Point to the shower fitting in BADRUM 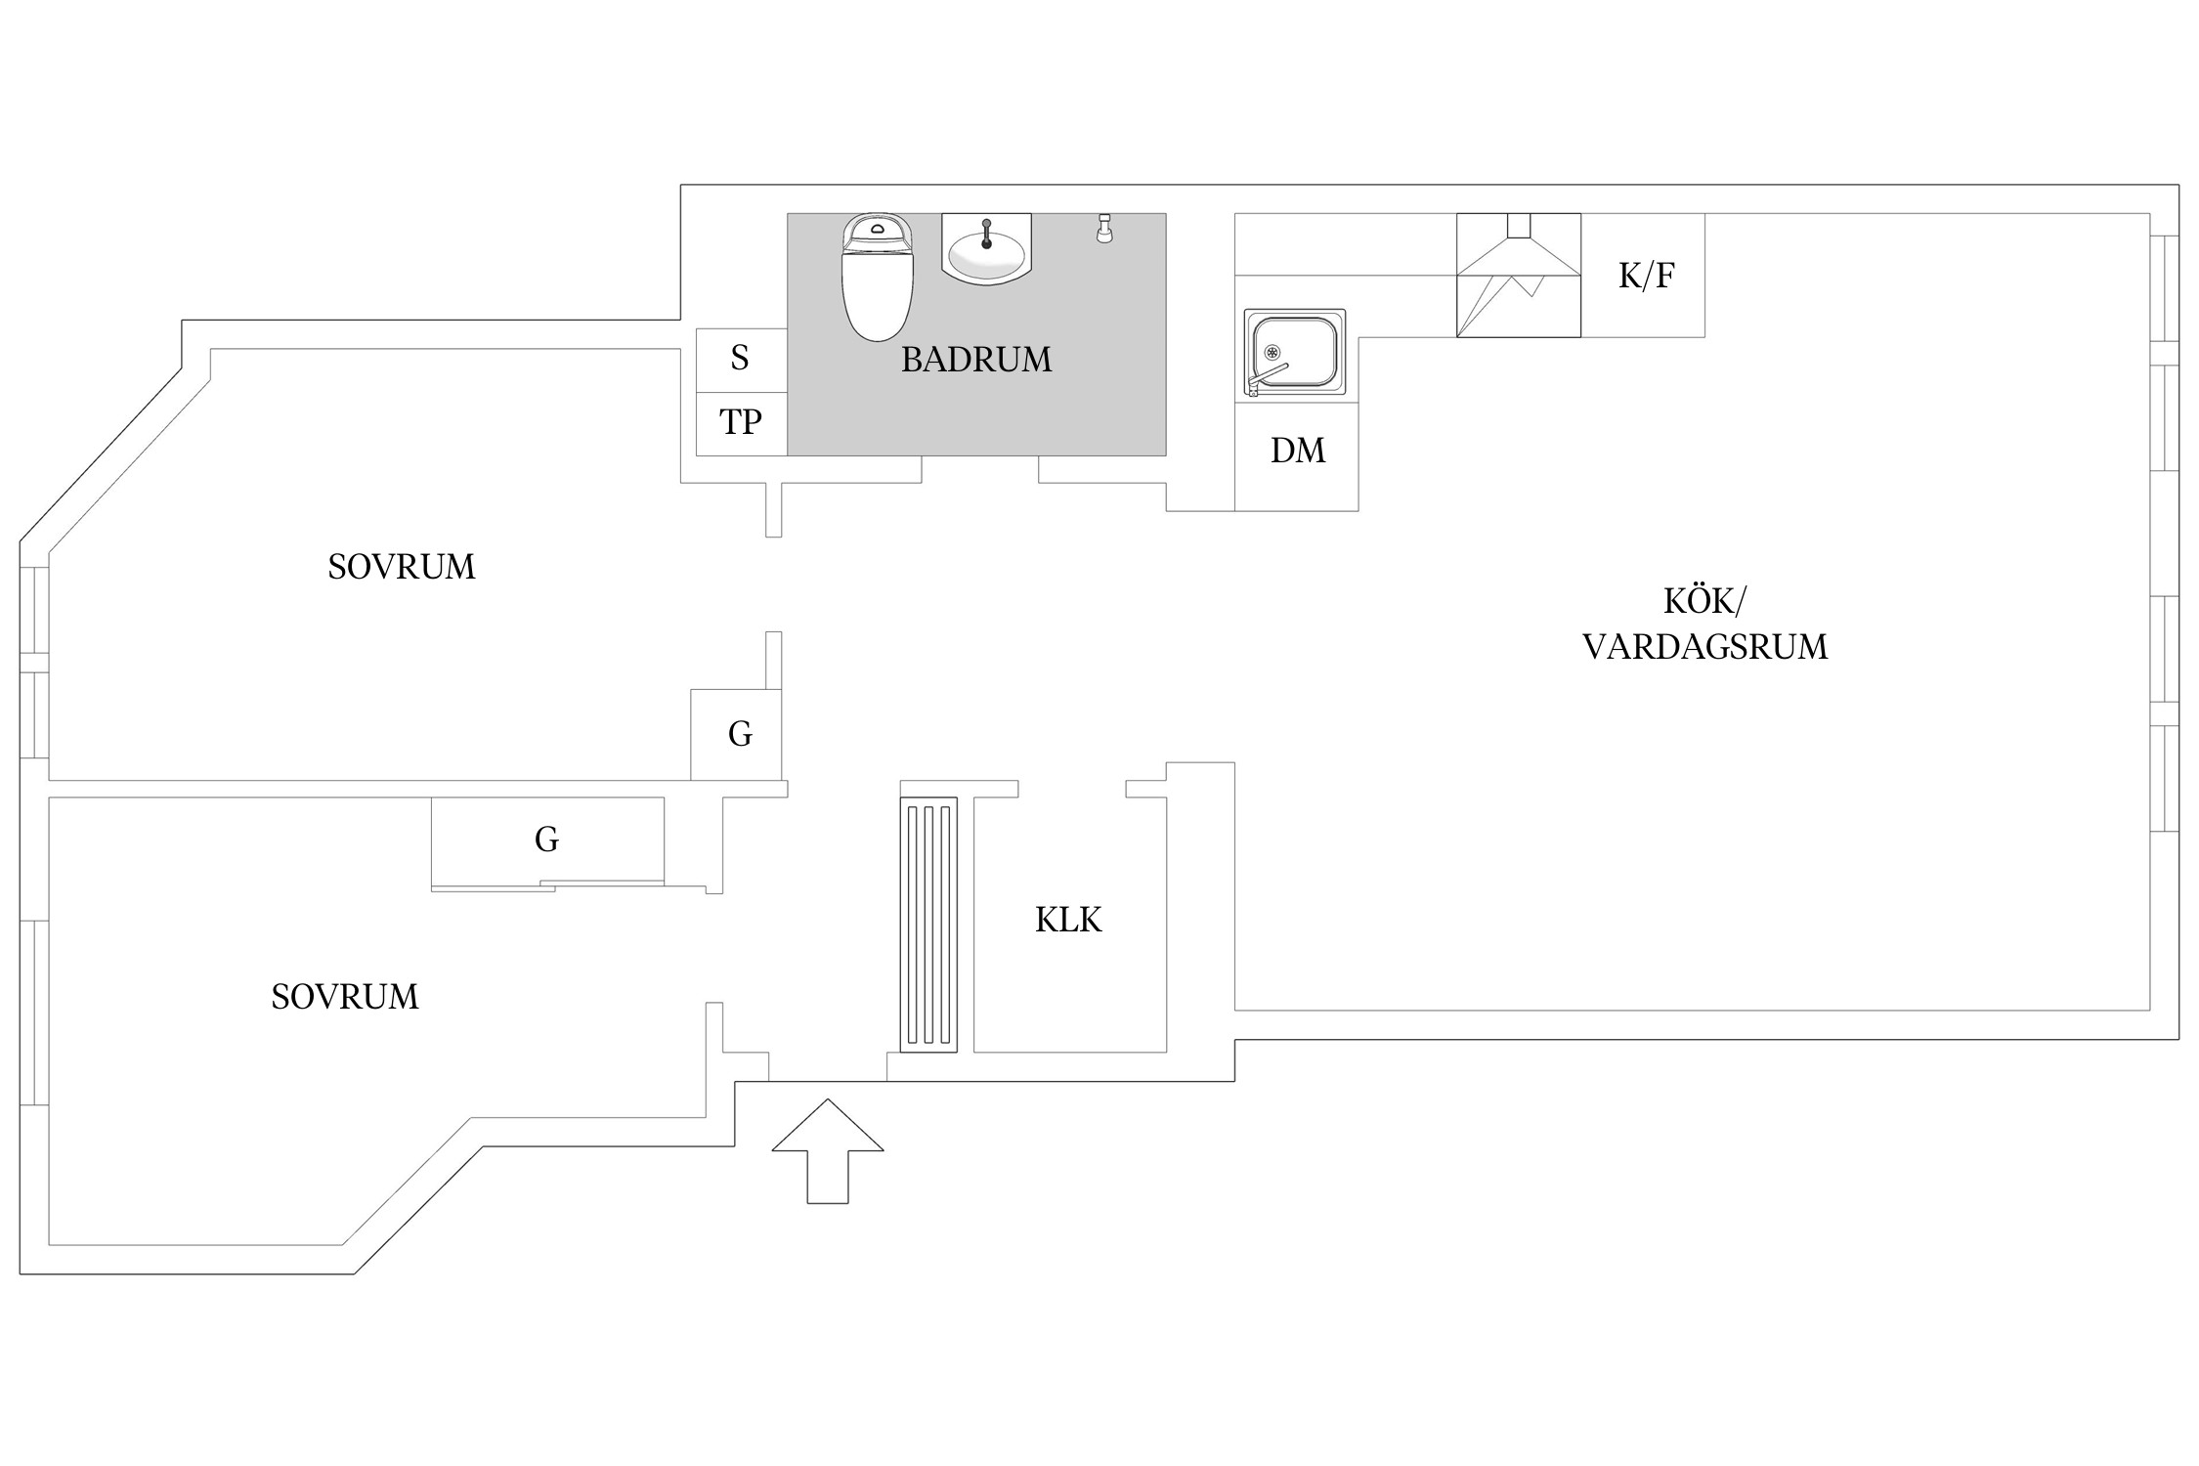pos(1104,229)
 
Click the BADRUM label pos(975,360)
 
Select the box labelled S pos(740,360)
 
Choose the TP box pos(740,423)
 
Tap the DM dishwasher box pos(1297,451)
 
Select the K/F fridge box pos(1645,276)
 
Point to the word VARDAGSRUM pos(1704,647)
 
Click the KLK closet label pos(1068,921)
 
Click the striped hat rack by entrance pos(928,925)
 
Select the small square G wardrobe pos(739,734)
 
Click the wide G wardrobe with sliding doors pos(547,841)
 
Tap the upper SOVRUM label pos(401,567)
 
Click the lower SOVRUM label pos(344,997)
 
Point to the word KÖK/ pos(1703,601)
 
